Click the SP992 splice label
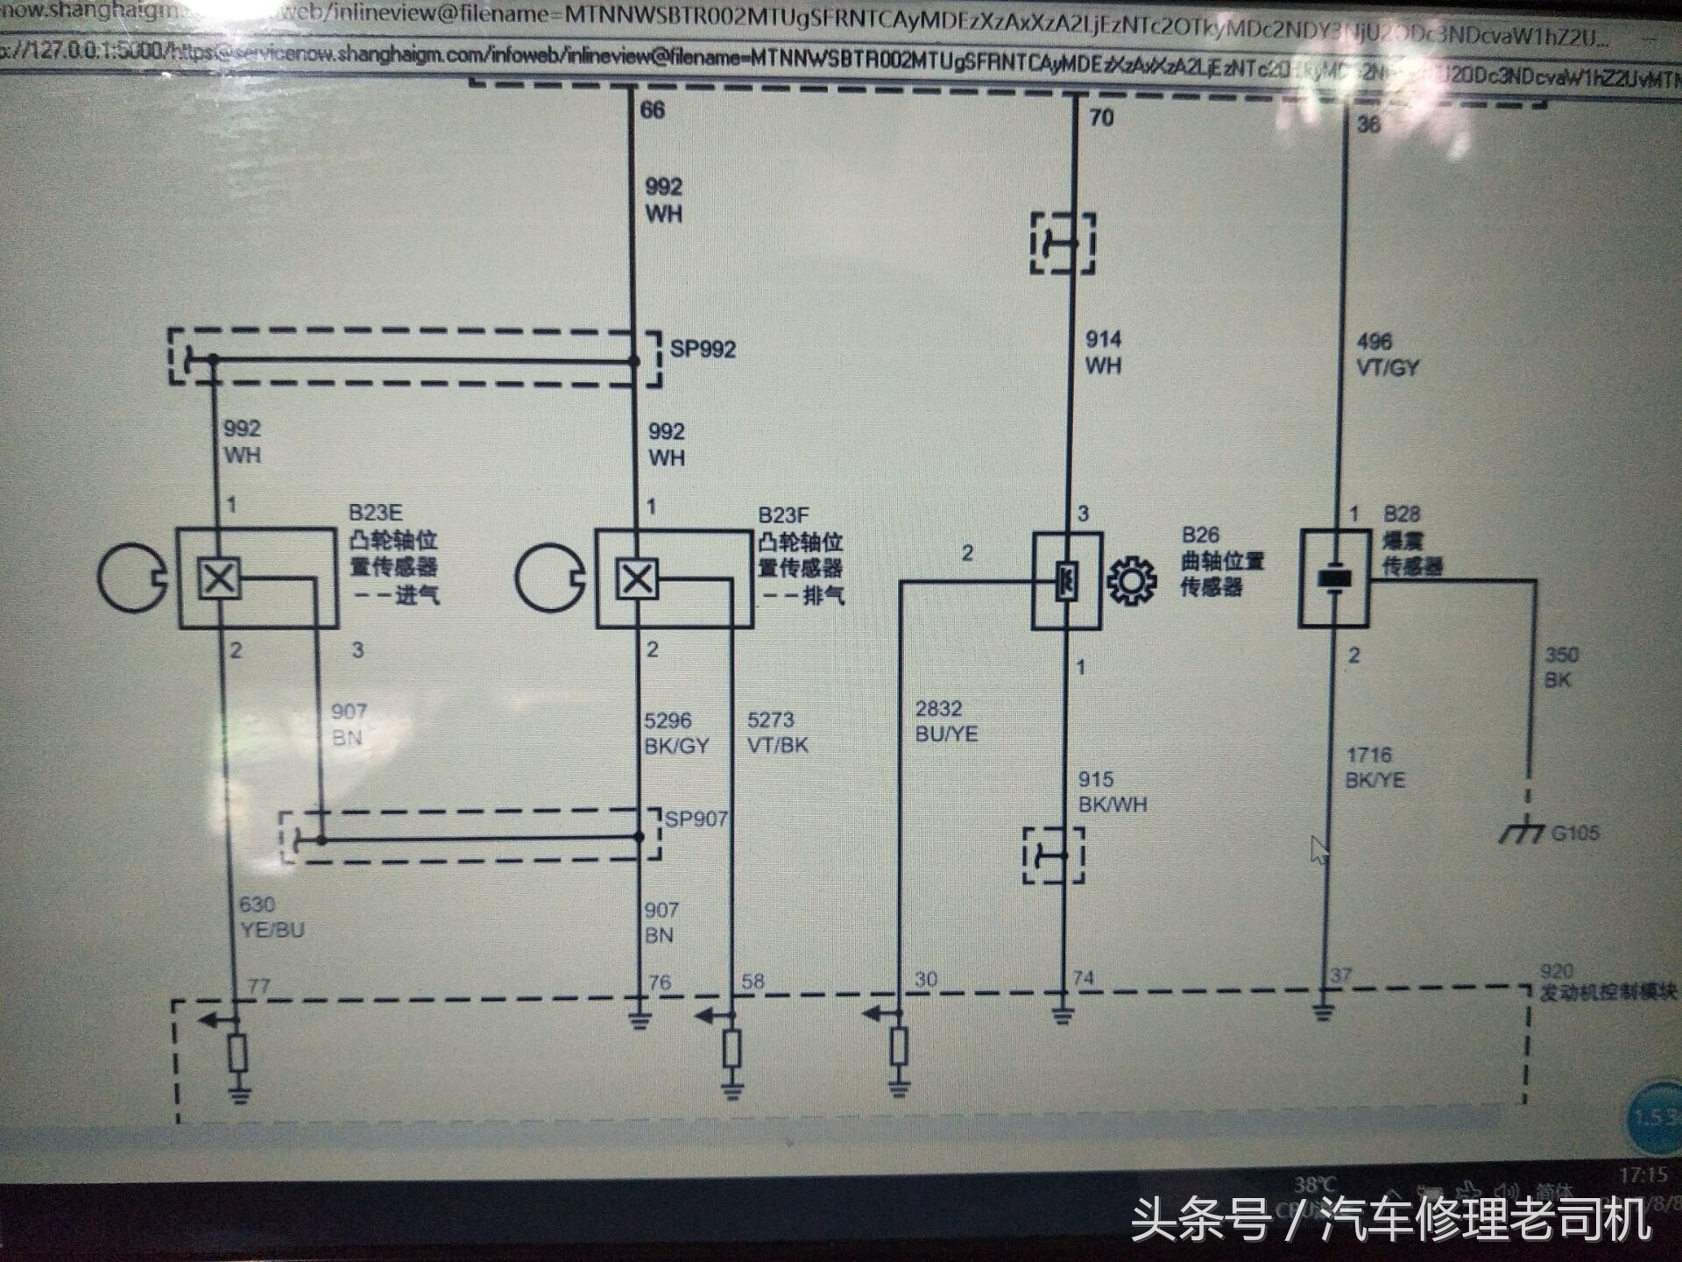click(703, 349)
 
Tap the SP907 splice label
click(696, 819)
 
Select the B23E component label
click(375, 513)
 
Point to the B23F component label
click(783, 514)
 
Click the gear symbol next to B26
click(1131, 581)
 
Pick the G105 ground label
click(1574, 833)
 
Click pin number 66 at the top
click(653, 110)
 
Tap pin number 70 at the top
click(1101, 117)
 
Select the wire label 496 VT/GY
click(1386, 355)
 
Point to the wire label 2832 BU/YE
click(945, 721)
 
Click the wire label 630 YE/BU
click(272, 917)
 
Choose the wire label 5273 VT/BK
click(777, 733)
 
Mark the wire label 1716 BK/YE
click(1375, 768)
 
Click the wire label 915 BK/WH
click(1112, 791)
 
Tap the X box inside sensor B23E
click(219, 578)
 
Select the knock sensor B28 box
click(1334, 578)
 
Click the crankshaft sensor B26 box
click(1066, 580)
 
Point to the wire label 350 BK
click(1560, 667)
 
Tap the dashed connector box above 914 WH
click(1063, 243)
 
